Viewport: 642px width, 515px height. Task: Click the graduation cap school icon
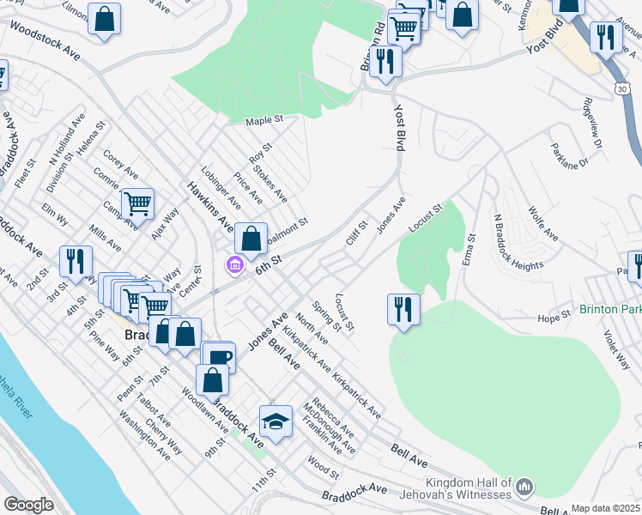[276, 421]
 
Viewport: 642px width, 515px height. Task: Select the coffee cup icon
[219, 358]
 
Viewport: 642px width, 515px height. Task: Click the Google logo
[28, 505]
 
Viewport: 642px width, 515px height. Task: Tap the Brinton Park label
[610, 309]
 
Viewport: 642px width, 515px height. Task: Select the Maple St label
[263, 121]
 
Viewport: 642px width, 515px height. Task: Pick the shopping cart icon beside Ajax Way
[137, 204]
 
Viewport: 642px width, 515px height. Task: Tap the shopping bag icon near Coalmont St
[251, 239]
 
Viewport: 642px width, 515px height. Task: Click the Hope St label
[554, 316]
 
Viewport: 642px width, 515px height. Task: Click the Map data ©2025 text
[606, 508]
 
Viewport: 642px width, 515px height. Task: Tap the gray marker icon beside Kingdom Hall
[524, 489]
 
